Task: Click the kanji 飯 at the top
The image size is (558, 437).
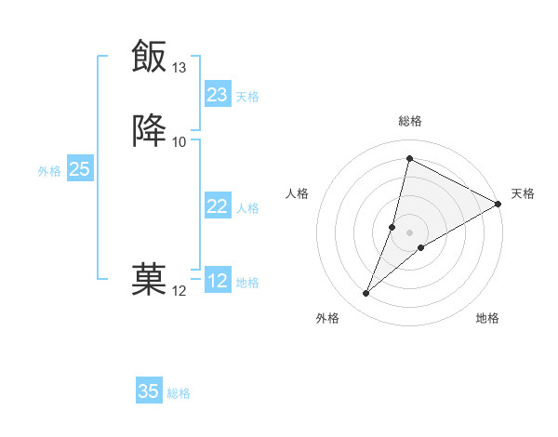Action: click(149, 56)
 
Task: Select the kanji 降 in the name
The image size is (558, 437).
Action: click(149, 130)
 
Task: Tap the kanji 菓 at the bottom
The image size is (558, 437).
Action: click(149, 279)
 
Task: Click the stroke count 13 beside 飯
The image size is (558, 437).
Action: click(179, 68)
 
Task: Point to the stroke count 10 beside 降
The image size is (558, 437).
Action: click(179, 141)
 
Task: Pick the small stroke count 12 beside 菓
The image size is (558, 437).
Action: click(179, 291)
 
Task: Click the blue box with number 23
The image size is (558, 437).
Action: click(218, 95)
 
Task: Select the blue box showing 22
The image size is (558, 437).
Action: click(218, 206)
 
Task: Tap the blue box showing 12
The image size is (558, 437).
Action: click(218, 281)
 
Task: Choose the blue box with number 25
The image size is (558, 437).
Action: click(79, 169)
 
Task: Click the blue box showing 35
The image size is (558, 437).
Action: click(149, 391)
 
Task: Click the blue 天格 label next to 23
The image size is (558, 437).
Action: click(247, 96)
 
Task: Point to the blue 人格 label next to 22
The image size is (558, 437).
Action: click(247, 207)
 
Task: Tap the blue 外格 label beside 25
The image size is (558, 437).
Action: click(49, 170)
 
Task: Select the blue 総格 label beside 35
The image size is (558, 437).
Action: click(179, 392)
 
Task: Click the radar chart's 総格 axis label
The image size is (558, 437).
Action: click(410, 121)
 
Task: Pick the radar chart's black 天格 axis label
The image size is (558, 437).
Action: click(523, 193)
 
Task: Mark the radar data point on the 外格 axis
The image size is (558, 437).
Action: click(366, 294)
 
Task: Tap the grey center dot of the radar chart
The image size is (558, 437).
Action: click(410, 232)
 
